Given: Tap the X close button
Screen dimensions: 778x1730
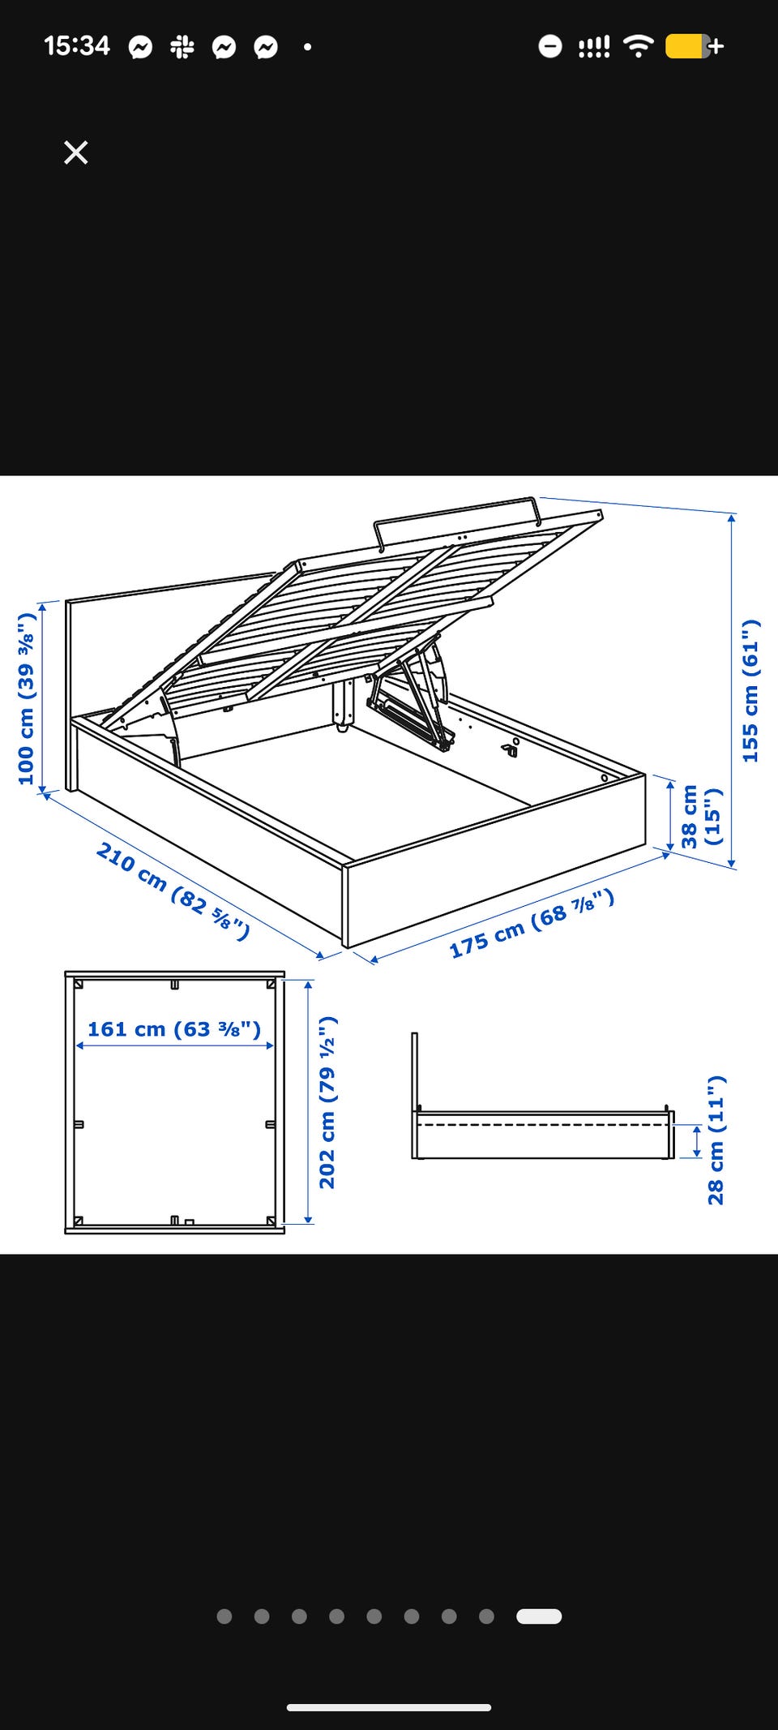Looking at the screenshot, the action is pyautogui.click(x=76, y=152).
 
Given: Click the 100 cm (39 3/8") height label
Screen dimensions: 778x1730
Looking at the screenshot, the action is pyautogui.click(x=27, y=698).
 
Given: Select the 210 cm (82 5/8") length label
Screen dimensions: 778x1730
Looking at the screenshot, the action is pyautogui.click(x=173, y=891).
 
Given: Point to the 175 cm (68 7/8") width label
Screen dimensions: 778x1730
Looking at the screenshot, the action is pyautogui.click(x=532, y=923).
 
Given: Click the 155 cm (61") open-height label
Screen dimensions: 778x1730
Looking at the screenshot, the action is pyautogui.click(x=750, y=691).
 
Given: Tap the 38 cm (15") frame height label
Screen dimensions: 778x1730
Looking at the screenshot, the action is pyautogui.click(x=700, y=816).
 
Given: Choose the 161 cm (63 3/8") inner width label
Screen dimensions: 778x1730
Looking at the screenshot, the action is pyautogui.click(x=174, y=1029).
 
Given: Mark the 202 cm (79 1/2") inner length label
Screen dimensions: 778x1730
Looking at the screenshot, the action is pyautogui.click(x=327, y=1102).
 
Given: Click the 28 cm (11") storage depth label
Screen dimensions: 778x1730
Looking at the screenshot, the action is pyautogui.click(x=716, y=1140).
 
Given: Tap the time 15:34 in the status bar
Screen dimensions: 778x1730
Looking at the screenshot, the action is pyautogui.click(x=77, y=45).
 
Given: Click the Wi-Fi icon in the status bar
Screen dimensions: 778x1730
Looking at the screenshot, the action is pyautogui.click(x=639, y=46).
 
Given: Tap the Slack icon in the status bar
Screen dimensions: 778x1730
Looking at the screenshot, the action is pyautogui.click(x=182, y=47).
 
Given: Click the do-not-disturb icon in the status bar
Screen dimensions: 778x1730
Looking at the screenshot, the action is pyautogui.click(x=549, y=46).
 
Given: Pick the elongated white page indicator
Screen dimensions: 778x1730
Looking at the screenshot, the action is pyautogui.click(x=539, y=1616).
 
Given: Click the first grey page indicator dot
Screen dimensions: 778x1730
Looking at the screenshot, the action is pyautogui.click(x=224, y=1616).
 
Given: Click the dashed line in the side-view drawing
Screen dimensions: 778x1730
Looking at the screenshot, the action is pyautogui.click(x=543, y=1125).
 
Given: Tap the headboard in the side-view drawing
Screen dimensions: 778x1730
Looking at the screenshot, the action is pyautogui.click(x=415, y=1071).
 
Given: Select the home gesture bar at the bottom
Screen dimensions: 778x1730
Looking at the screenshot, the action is pyautogui.click(x=389, y=1707).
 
